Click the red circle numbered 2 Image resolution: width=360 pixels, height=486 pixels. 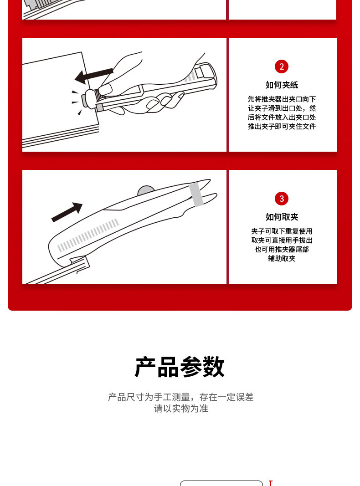[282, 67]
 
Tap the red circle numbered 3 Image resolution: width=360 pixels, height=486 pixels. [282, 199]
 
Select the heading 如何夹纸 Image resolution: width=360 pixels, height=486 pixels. [282, 85]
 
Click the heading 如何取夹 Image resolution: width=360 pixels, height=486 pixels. [282, 217]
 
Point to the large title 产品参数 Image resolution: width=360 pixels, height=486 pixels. [180, 367]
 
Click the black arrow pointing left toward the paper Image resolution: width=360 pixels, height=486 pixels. [94, 75]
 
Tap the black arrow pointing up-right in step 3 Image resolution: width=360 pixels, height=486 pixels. [67, 212]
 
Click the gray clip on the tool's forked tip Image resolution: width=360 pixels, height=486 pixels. [196, 194]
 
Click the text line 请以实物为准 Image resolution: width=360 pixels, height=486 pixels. [181, 409]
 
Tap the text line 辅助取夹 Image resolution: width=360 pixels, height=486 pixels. [282, 259]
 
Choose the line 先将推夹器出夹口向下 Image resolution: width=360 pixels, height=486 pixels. [282, 99]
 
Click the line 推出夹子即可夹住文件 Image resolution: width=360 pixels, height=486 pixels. [282, 127]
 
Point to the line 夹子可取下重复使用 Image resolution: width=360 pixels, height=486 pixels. [282, 231]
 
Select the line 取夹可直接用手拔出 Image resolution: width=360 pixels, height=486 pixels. [282, 240]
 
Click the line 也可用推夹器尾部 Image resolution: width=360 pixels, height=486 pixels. [282, 249]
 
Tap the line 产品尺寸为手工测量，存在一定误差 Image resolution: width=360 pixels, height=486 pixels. [181, 397]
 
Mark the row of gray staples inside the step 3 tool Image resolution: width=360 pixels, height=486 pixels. [88, 235]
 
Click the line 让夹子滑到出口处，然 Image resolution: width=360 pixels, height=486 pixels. [282, 108]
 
